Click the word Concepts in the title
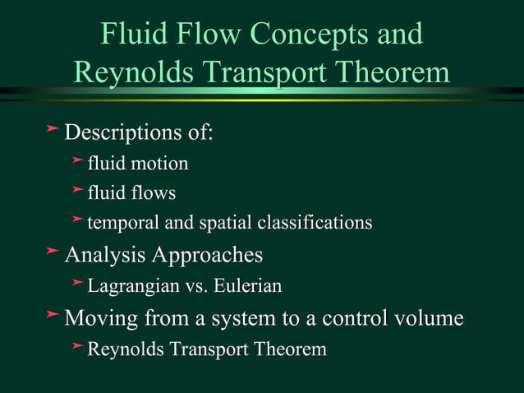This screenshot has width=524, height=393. tap(301, 35)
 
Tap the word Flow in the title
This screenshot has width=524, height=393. tap(206, 35)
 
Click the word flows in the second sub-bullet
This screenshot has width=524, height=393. tap(154, 193)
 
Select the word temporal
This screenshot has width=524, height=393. tap(122, 223)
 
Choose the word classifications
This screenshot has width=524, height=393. tap(315, 223)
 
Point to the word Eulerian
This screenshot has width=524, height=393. tap(248, 286)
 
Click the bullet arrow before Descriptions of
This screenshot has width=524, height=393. tap(52, 131)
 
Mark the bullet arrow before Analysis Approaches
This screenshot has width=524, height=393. tap(52, 253)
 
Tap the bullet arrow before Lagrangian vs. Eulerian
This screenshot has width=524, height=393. tap(77, 284)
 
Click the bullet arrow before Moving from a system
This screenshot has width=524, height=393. tap(52, 317)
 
